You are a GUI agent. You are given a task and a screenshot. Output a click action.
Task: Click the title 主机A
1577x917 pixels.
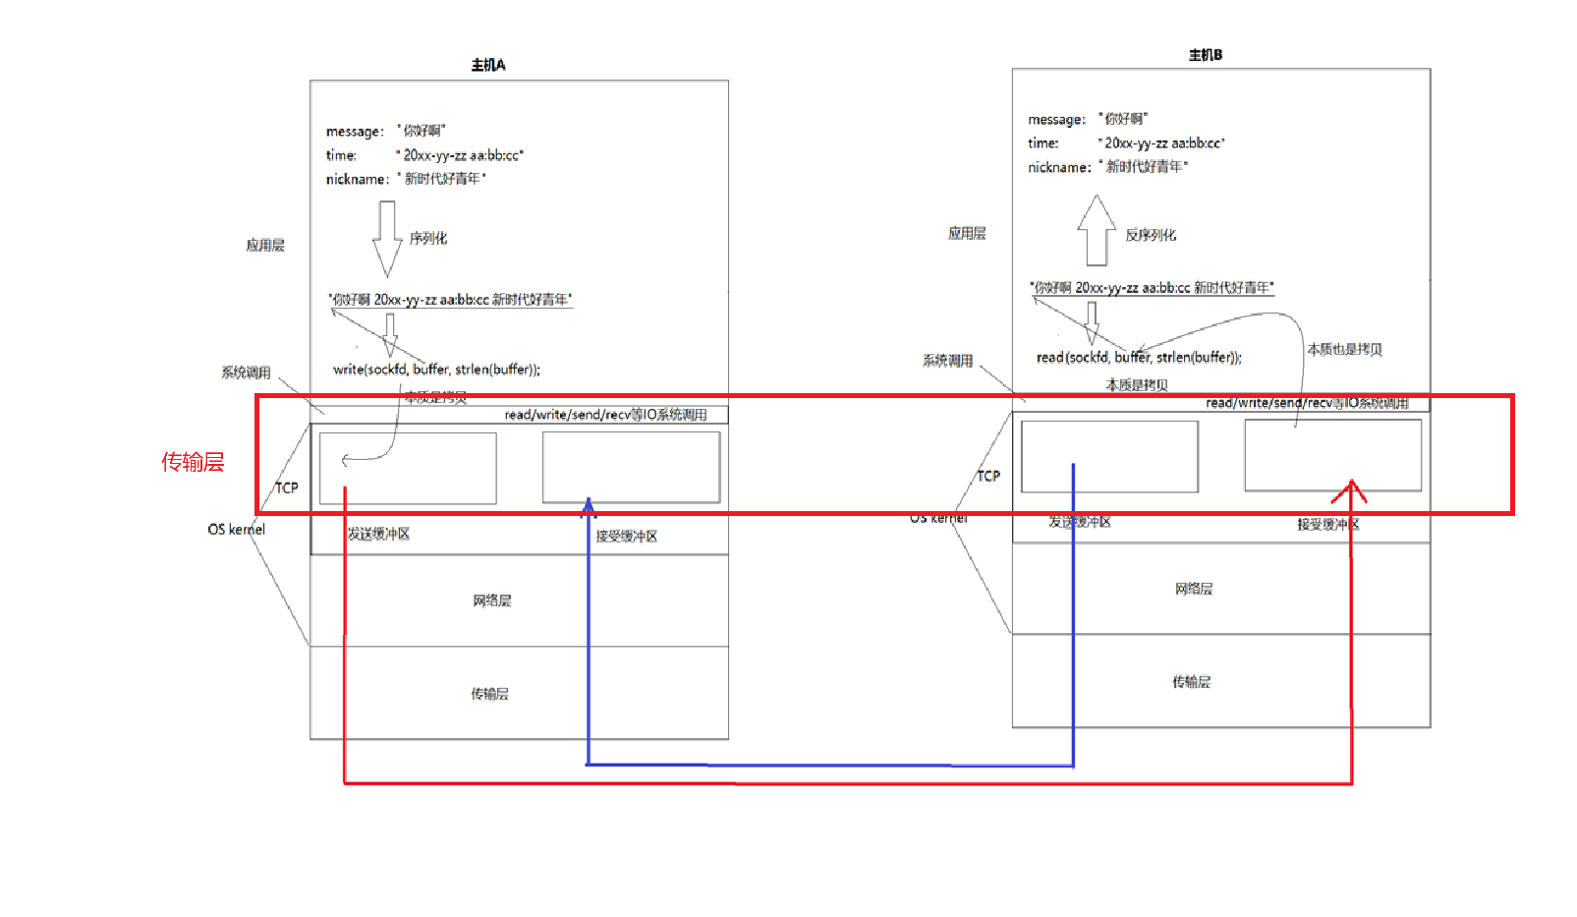click(x=488, y=65)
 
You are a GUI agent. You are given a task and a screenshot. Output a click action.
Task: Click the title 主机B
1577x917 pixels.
click(x=1206, y=55)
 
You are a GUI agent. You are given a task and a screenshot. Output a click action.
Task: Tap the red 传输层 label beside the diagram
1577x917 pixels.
click(x=193, y=462)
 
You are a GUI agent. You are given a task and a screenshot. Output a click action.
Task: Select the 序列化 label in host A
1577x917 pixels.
click(x=428, y=238)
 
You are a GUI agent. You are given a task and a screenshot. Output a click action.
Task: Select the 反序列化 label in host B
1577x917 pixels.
click(x=1151, y=235)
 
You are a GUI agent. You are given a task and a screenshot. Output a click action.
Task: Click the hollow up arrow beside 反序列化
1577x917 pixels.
click(x=1096, y=230)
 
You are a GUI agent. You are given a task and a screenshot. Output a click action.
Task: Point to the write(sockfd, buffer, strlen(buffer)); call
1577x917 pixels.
click(x=436, y=370)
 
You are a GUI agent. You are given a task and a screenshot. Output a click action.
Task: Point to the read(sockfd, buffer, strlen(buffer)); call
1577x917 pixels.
click(x=1139, y=358)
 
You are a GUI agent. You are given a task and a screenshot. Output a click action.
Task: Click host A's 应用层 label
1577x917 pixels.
click(x=265, y=245)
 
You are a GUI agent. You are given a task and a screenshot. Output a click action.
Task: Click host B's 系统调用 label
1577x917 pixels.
click(x=947, y=361)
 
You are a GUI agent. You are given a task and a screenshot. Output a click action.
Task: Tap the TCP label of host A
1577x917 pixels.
click(x=286, y=487)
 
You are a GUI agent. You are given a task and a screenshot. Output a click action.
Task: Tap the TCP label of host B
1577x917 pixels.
click(x=988, y=476)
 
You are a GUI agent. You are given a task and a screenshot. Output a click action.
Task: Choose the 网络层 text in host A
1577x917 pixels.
click(x=491, y=601)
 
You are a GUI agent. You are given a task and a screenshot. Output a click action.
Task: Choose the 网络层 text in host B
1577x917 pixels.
click(x=1194, y=589)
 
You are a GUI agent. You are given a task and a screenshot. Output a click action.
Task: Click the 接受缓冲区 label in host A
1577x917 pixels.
click(x=626, y=536)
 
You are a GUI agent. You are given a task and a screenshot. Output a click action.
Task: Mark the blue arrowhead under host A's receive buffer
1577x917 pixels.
click(x=588, y=507)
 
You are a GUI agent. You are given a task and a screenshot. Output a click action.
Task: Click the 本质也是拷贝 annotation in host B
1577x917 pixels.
click(x=1344, y=349)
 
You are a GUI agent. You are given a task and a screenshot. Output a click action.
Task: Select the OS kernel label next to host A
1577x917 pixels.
click(x=236, y=529)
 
